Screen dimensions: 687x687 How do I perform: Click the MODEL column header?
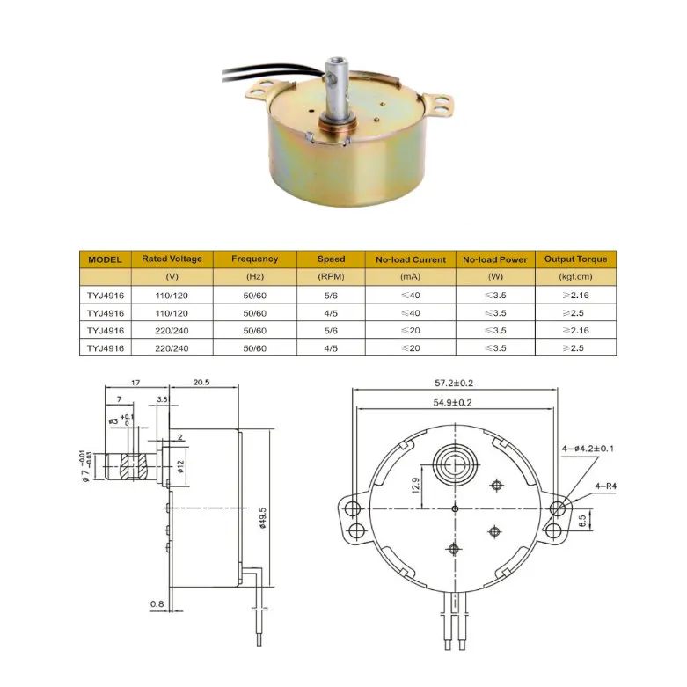tap(105, 259)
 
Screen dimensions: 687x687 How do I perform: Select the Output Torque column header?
tap(575, 259)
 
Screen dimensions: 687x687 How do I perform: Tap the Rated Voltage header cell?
tap(172, 259)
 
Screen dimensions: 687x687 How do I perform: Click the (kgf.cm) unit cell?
tap(575, 277)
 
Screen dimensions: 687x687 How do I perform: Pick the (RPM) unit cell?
tap(331, 277)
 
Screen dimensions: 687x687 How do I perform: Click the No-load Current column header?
tap(411, 259)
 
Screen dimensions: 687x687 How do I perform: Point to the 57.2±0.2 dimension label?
tap(453, 384)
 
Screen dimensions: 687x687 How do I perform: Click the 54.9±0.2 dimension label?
tap(453, 402)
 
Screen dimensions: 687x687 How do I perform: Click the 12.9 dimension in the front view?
tap(416, 483)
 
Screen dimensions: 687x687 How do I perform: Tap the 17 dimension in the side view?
tap(135, 384)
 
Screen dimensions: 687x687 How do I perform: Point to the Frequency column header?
tap(254, 259)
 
